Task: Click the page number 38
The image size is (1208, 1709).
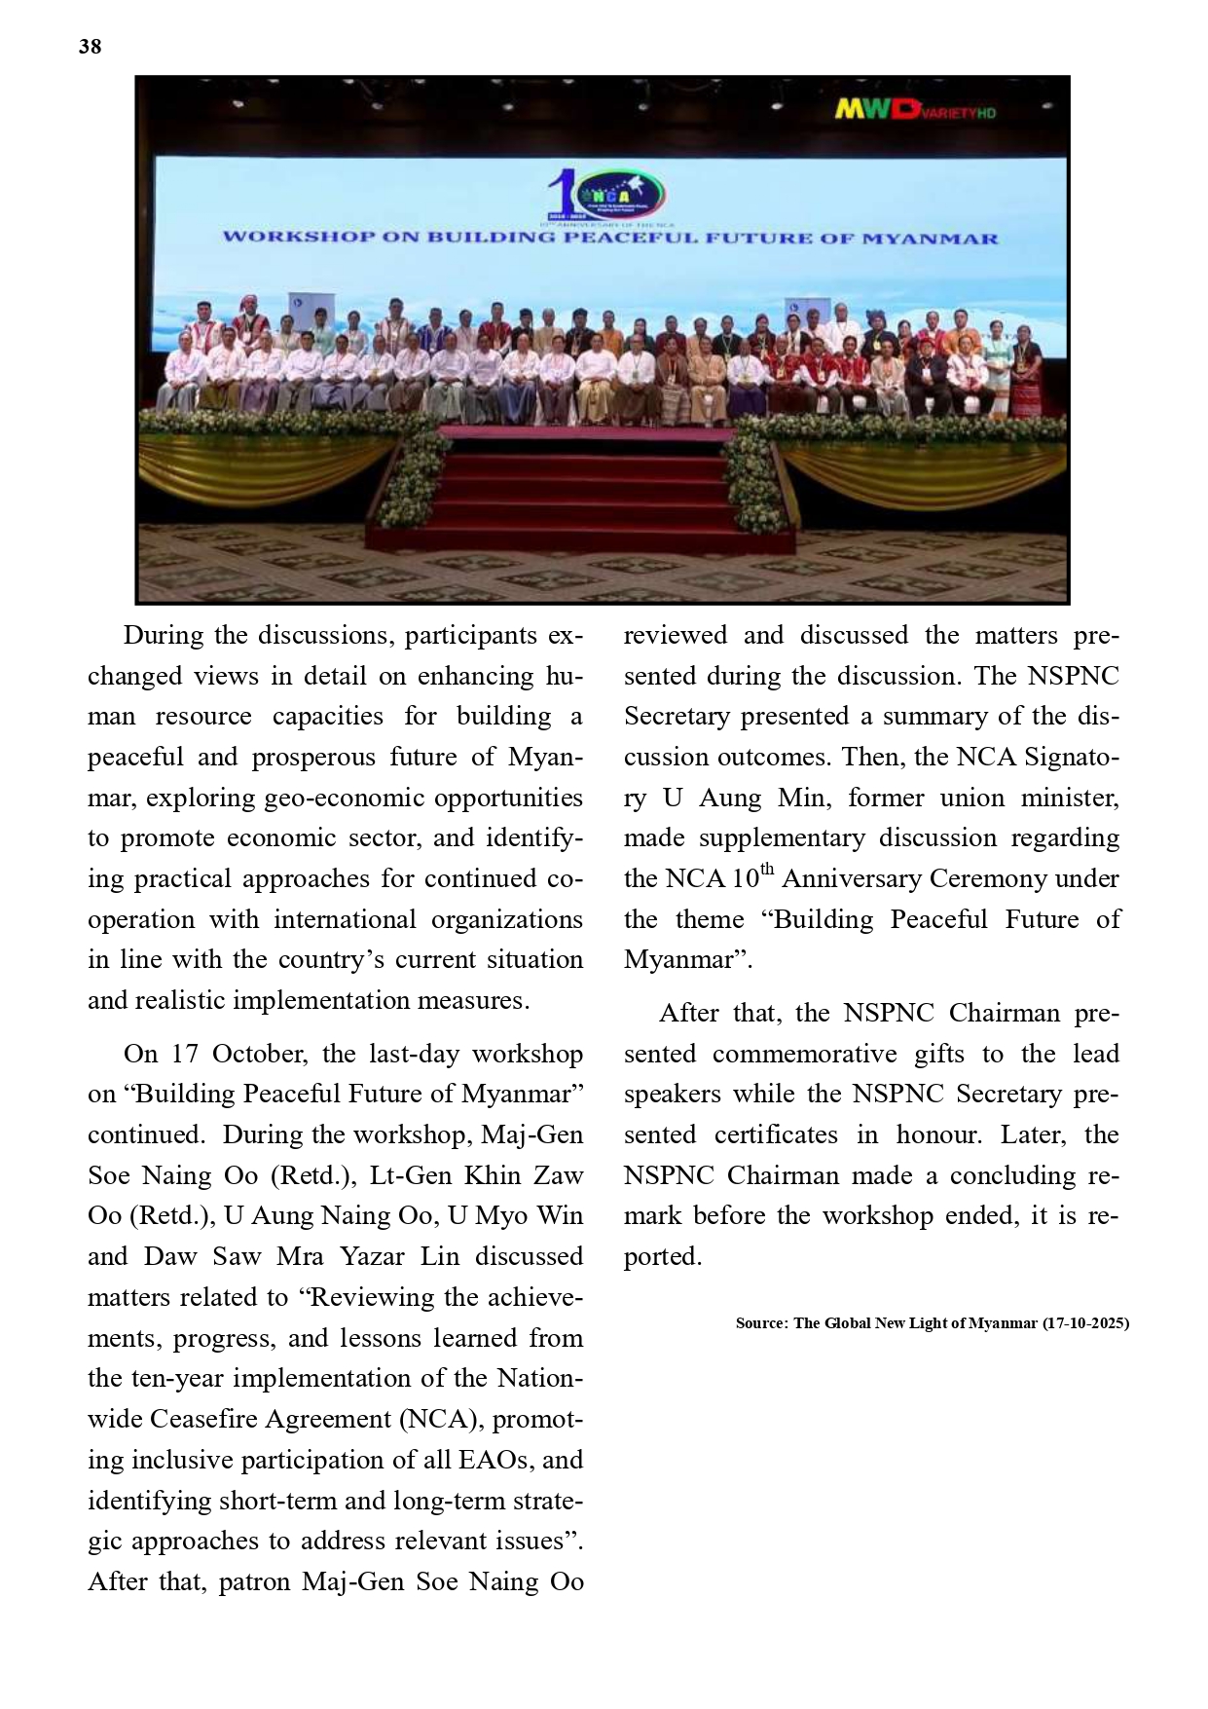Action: [90, 47]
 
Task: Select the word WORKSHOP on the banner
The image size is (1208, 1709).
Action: [299, 238]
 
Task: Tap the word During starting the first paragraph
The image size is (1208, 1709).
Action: [163, 636]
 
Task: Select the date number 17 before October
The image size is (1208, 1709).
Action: [185, 1054]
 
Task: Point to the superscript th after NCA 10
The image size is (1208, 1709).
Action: [768, 870]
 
